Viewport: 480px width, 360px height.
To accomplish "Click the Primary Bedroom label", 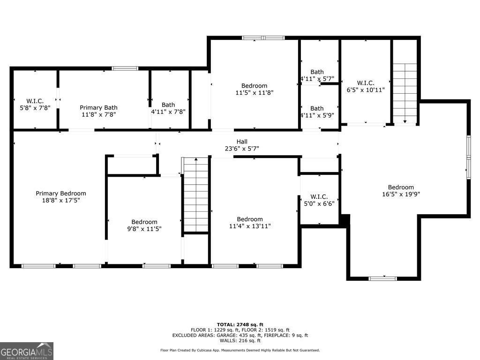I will (61, 193).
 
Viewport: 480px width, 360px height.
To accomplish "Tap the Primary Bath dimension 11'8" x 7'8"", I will (98, 114).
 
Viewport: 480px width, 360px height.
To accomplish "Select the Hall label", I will (242, 142).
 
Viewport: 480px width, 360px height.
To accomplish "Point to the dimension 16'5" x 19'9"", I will (401, 194).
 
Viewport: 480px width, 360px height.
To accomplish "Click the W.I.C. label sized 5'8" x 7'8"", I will (35, 101).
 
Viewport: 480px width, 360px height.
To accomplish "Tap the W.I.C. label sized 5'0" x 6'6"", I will (319, 197).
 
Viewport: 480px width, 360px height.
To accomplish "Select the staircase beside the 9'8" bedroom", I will (195, 195).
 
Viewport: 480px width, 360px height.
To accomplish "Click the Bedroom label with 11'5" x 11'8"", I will (254, 86).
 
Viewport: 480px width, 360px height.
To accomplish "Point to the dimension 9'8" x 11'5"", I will (144, 229).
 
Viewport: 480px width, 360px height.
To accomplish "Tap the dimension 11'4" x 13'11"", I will (250, 226).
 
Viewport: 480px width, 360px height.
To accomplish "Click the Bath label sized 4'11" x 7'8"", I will (168, 105).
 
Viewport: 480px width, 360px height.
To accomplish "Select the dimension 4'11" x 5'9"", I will (317, 115).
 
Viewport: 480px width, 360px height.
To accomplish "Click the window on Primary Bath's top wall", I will (125, 68).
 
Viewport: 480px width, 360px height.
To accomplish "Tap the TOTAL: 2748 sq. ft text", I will (240, 324).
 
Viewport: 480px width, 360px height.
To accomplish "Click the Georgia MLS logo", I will (27, 351).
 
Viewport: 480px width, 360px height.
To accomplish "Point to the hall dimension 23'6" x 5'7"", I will (242, 149).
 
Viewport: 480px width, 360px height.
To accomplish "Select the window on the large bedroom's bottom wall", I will (382, 278).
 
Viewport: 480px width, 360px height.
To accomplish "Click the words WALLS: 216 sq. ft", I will (240, 341).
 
